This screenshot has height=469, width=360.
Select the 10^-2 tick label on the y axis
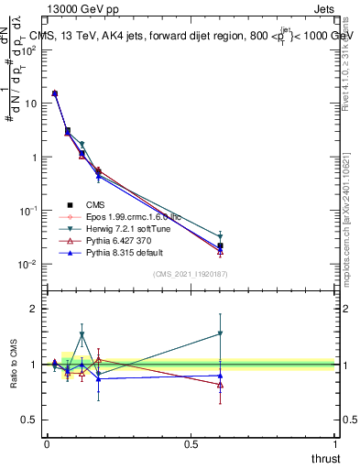pyautogui.click(x=28, y=264)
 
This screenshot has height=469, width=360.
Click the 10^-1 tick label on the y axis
pyautogui.click(x=28, y=211)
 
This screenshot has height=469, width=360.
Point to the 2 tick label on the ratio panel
pyautogui.click(x=34, y=309)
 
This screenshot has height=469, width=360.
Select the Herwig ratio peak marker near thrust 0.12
pyautogui.click(x=82, y=334)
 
